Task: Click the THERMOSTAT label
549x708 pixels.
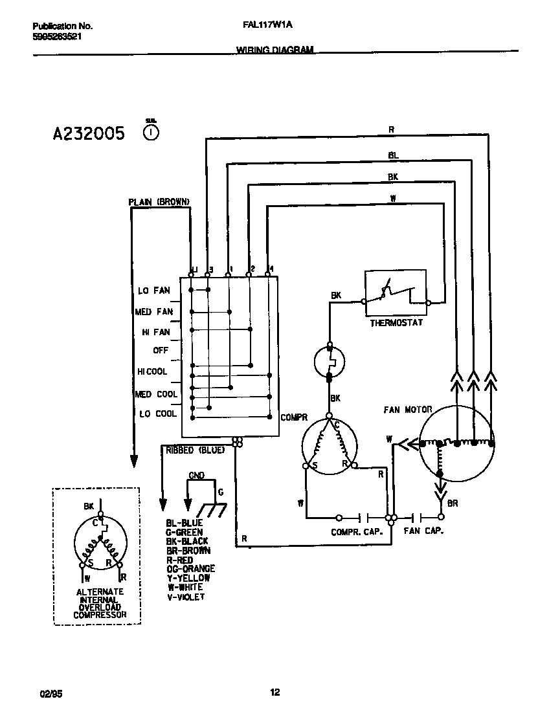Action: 396,322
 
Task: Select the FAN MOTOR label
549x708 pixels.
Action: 407,410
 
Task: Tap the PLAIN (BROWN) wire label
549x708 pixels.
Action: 159,202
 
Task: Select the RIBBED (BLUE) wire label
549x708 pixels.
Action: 196,450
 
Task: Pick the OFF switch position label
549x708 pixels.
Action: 160,350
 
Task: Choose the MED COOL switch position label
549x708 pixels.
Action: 155,394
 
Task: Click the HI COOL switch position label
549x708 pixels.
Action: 152,371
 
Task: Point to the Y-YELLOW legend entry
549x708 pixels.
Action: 188,578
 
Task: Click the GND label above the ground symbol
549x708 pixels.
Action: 196,476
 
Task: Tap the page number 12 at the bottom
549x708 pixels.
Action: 274,692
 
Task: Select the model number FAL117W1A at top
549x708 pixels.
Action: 262,27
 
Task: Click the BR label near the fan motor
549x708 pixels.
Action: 453,503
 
